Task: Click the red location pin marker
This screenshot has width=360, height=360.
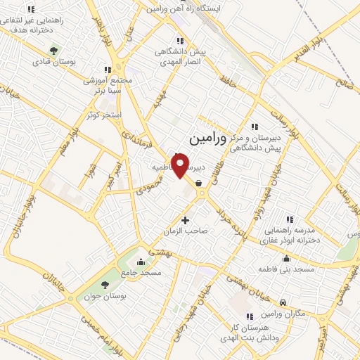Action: (x=181, y=165)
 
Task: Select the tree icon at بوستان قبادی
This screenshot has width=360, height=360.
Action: (x=53, y=50)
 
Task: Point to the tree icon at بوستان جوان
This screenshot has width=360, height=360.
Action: (x=105, y=285)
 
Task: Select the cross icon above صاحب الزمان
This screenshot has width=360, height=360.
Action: (x=186, y=220)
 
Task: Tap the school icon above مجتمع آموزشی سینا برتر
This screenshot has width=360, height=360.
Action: (x=107, y=70)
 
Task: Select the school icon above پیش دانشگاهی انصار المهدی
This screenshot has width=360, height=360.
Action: (x=180, y=41)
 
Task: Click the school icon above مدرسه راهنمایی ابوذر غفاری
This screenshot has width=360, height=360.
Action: (x=290, y=219)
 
